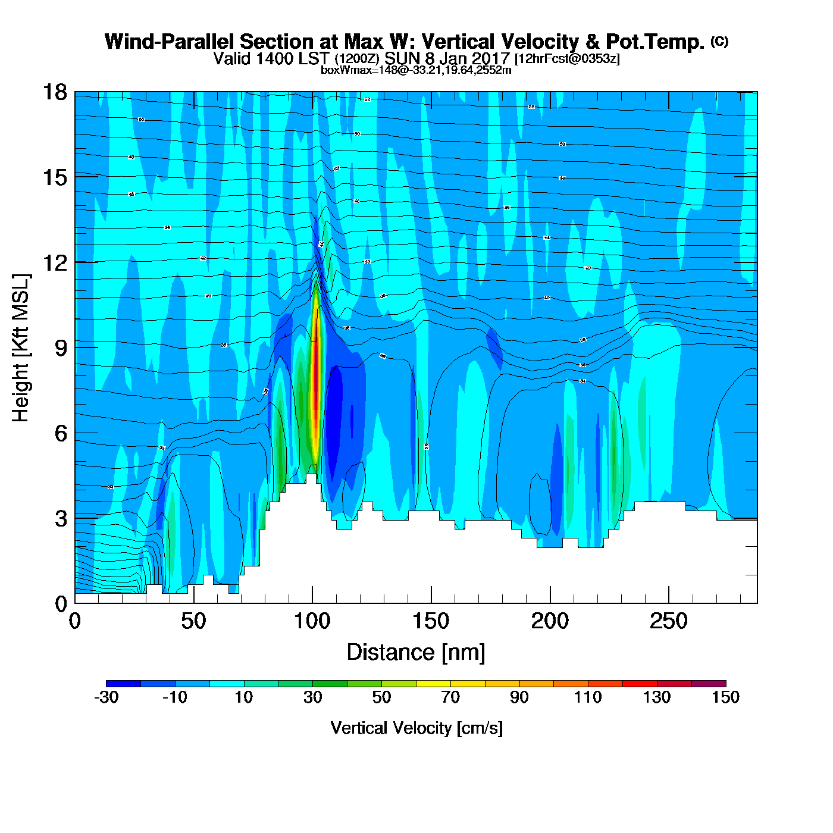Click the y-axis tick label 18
pyautogui.click(x=54, y=93)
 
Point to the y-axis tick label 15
pyautogui.click(x=54, y=177)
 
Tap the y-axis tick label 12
pyautogui.click(x=54, y=262)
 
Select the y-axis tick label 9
pyautogui.click(x=61, y=348)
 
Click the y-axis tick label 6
pyautogui.click(x=61, y=433)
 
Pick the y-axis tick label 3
pyautogui.click(x=61, y=518)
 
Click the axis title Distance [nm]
pyautogui.click(x=416, y=653)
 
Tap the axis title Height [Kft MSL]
pyautogui.click(x=21, y=348)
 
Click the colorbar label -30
pyautogui.click(x=107, y=697)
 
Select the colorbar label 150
pyautogui.click(x=725, y=697)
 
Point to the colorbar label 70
pyautogui.click(x=450, y=697)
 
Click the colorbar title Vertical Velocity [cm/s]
pyautogui.click(x=416, y=728)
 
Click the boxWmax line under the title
pyautogui.click(x=416, y=70)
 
